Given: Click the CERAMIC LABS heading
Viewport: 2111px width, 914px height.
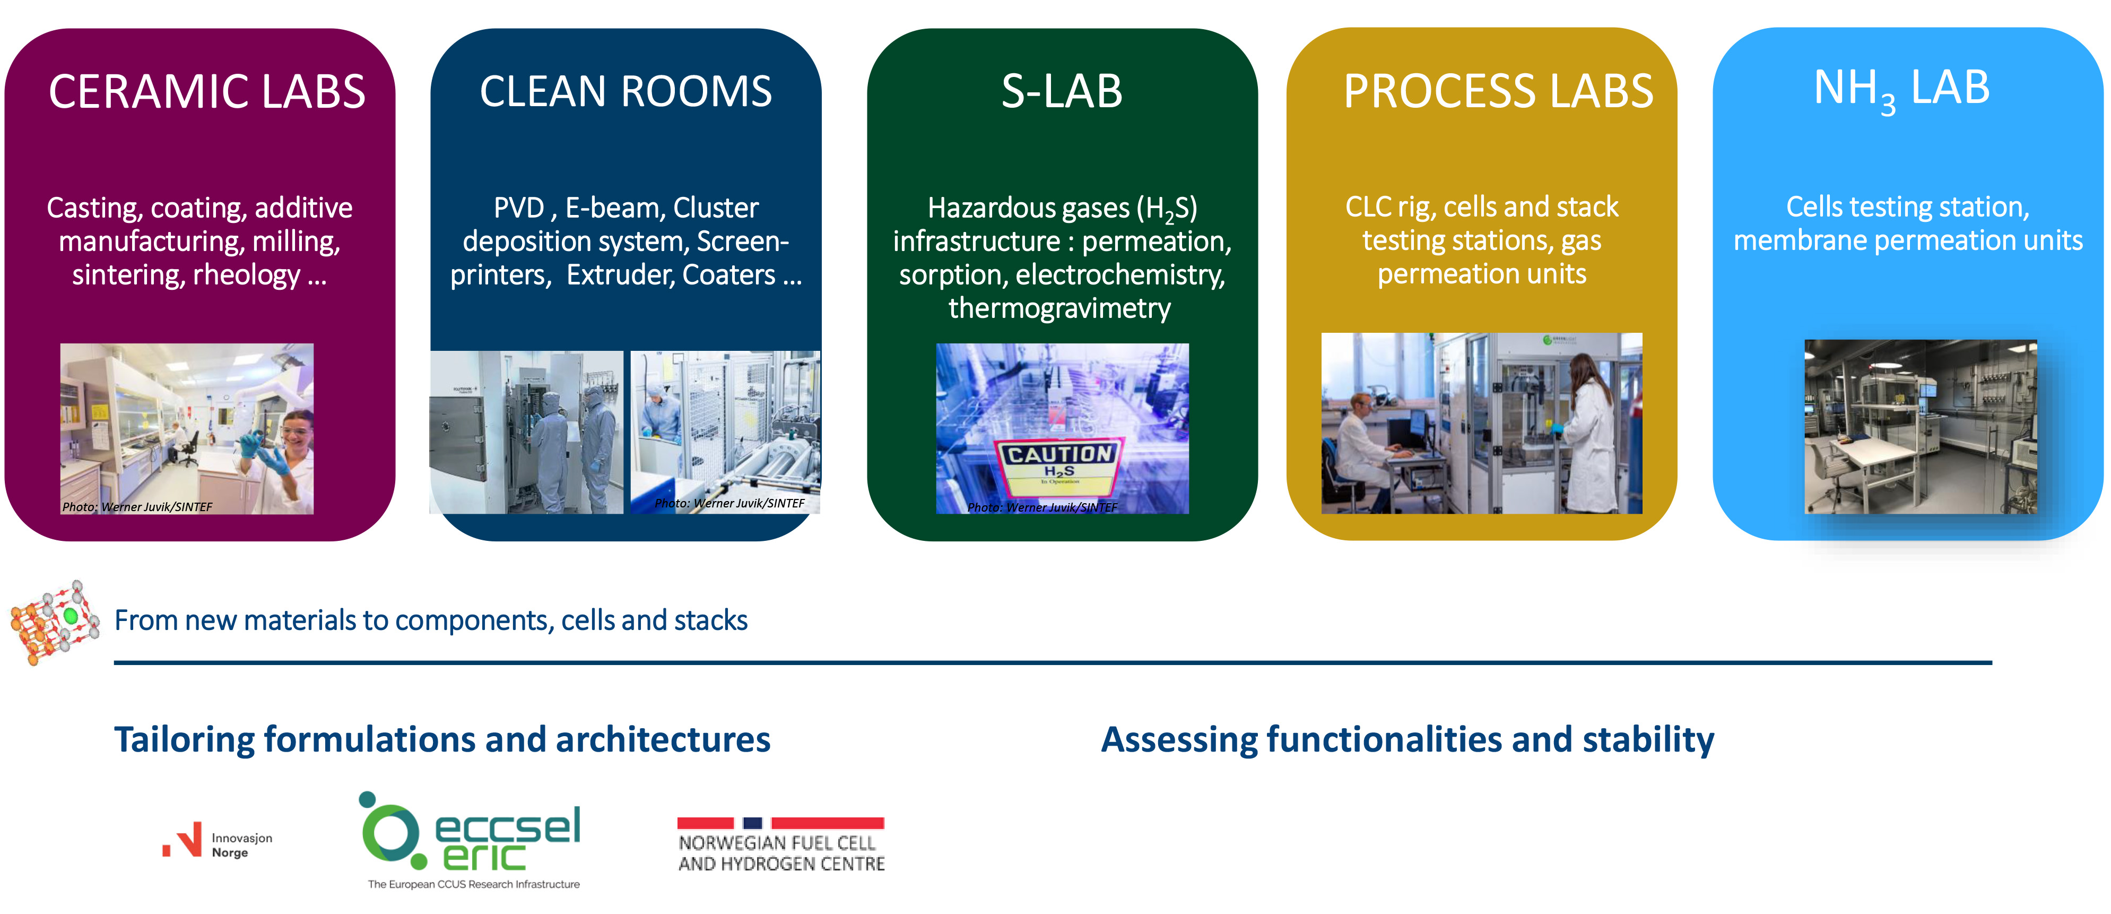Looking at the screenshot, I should coord(206,92).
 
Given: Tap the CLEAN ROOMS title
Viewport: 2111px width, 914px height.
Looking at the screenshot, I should coord(626,92).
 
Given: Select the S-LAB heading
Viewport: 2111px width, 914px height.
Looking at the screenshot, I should coord(1061,92).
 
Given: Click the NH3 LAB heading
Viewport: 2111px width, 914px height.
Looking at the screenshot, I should coord(1901,89).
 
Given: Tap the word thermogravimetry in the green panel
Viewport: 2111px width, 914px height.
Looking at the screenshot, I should coord(1059,308).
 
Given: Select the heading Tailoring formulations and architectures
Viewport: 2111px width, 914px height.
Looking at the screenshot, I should coord(442,739).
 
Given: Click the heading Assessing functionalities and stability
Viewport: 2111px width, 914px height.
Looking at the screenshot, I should coord(1406,739).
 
